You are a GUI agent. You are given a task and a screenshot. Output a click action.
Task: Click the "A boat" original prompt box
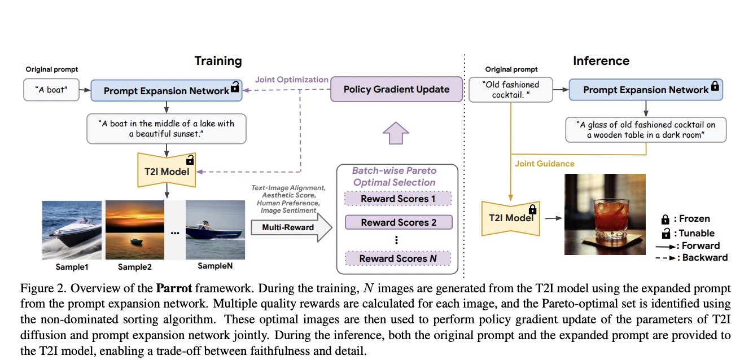(51, 90)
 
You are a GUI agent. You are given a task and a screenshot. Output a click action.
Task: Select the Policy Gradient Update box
(396, 89)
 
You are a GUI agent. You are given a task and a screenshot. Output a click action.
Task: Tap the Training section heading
(218, 61)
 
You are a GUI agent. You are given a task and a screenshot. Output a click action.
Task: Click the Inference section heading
(601, 61)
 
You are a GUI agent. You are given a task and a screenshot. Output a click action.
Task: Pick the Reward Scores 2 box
(399, 222)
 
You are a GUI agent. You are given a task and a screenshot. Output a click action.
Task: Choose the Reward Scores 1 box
(399, 199)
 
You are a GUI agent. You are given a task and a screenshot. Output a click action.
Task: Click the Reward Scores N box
(399, 258)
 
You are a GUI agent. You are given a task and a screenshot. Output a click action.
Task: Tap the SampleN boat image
(215, 229)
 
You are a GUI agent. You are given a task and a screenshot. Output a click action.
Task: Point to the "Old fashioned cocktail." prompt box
(511, 90)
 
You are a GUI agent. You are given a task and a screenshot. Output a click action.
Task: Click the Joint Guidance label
(544, 164)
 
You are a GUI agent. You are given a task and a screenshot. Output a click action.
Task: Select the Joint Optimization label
(291, 80)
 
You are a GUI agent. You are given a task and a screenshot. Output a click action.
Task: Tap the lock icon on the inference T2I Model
(532, 209)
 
